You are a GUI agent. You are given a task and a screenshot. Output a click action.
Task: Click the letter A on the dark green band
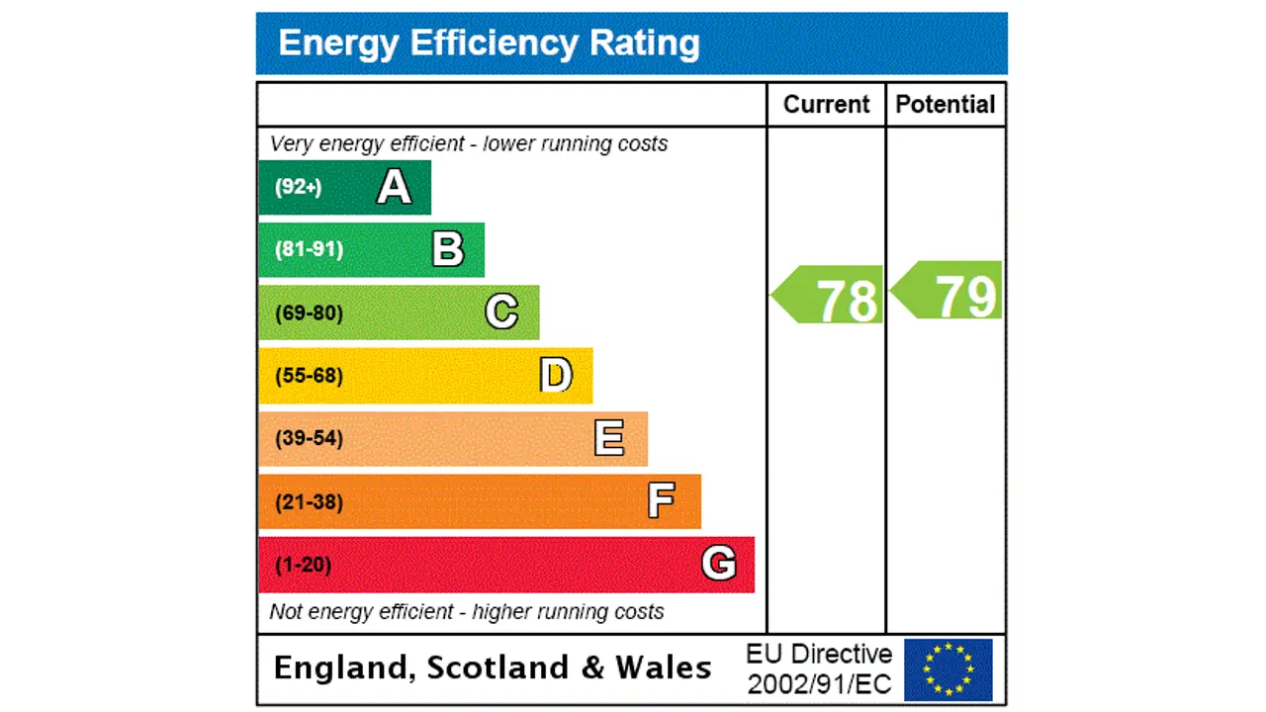[x=394, y=187]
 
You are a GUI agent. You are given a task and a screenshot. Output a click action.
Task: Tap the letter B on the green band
[x=448, y=249]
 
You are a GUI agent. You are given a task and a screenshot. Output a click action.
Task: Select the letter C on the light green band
[x=501, y=312]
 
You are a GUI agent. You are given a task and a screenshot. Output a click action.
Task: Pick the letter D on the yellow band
[x=556, y=376]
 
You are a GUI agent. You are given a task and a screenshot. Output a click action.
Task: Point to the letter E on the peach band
[x=609, y=438]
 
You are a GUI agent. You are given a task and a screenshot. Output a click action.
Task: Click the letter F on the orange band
[x=661, y=501]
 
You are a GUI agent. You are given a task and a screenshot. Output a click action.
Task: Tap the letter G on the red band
[x=718, y=565]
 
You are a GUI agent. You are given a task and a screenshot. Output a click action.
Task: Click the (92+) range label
[x=298, y=187]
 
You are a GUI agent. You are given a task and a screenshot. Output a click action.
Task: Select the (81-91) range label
[x=309, y=249]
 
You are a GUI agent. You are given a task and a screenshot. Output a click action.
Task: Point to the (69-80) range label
[x=309, y=313]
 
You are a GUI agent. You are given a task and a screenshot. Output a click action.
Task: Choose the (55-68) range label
[x=309, y=376]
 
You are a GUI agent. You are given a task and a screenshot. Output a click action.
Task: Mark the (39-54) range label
[x=309, y=438]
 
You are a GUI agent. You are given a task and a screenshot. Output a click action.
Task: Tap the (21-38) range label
[x=309, y=502]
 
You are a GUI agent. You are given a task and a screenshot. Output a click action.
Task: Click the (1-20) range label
[x=303, y=566]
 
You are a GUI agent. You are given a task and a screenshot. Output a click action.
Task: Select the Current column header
[x=826, y=105]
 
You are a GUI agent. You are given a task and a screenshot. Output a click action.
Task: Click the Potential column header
[x=946, y=105]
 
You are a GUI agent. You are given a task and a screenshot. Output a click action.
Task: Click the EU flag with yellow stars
[x=948, y=669]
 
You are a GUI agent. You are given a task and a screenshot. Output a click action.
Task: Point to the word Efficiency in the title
[x=495, y=44]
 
